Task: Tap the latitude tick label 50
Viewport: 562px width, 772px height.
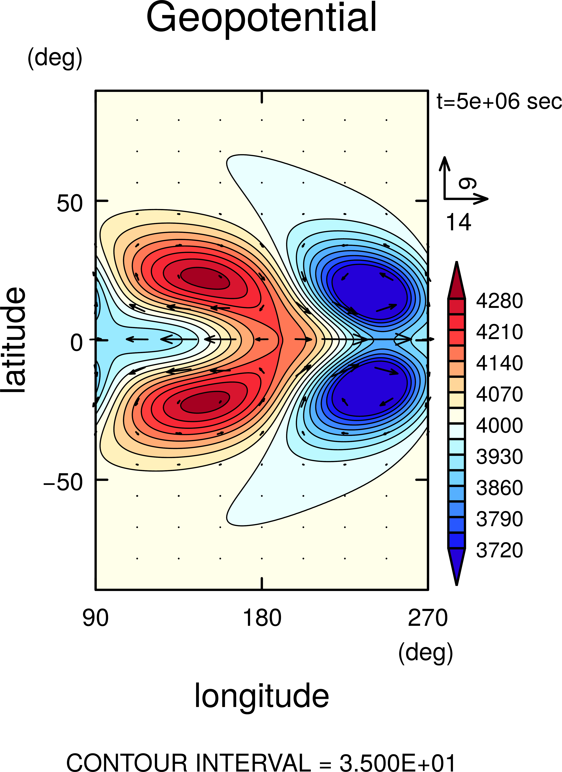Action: pos(70,204)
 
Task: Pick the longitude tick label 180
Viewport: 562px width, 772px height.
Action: pos(262,618)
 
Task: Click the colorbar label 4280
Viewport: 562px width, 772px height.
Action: pos(499,301)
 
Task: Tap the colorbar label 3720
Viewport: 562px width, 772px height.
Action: pos(499,550)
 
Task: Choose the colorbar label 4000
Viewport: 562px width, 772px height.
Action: pos(499,426)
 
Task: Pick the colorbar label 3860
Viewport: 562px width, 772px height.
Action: pos(499,488)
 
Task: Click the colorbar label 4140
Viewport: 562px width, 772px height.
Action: pos(499,363)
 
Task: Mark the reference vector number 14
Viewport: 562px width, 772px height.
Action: pos(458,222)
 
